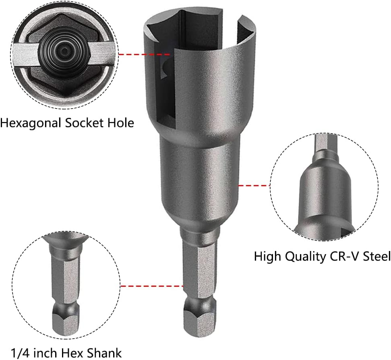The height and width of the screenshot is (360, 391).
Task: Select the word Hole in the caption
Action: [x=120, y=123]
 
